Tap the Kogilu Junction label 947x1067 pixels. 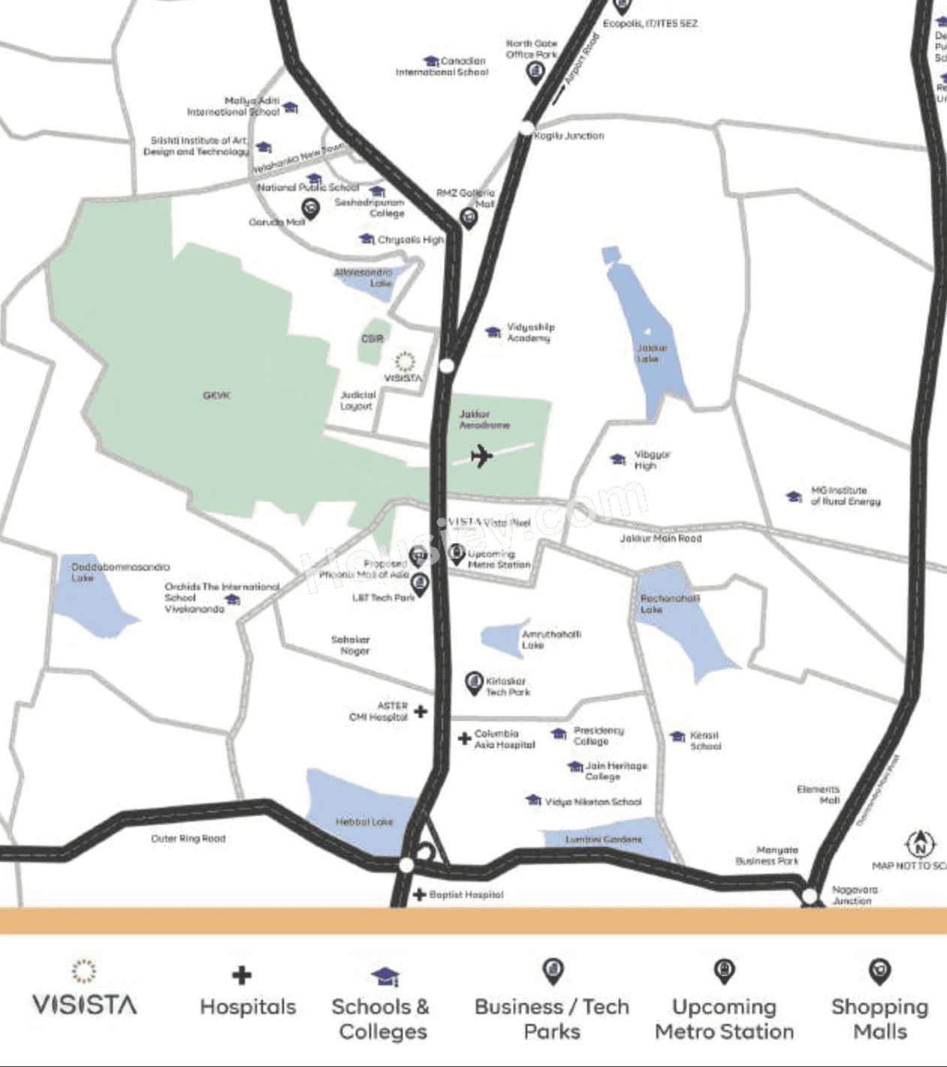click(x=569, y=136)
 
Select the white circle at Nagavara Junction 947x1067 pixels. click(x=809, y=896)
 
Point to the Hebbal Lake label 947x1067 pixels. click(x=364, y=822)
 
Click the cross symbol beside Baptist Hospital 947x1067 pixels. click(x=419, y=894)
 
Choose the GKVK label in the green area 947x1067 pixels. click(x=216, y=395)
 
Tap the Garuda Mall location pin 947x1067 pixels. click(x=310, y=208)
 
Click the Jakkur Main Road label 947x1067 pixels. click(x=660, y=538)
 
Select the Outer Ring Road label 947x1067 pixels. click(x=188, y=839)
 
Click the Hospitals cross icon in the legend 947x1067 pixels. click(x=241, y=975)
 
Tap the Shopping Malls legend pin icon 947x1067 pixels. click(x=879, y=971)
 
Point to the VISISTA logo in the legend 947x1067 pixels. click(x=84, y=990)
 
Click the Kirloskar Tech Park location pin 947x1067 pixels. click(x=473, y=683)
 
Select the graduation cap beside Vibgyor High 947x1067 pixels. click(x=618, y=459)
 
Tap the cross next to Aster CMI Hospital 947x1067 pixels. click(x=421, y=710)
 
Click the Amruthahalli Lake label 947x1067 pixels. click(x=550, y=640)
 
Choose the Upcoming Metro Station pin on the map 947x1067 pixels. click(x=456, y=554)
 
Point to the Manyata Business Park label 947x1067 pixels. click(x=767, y=855)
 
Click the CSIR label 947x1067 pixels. click(x=372, y=339)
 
